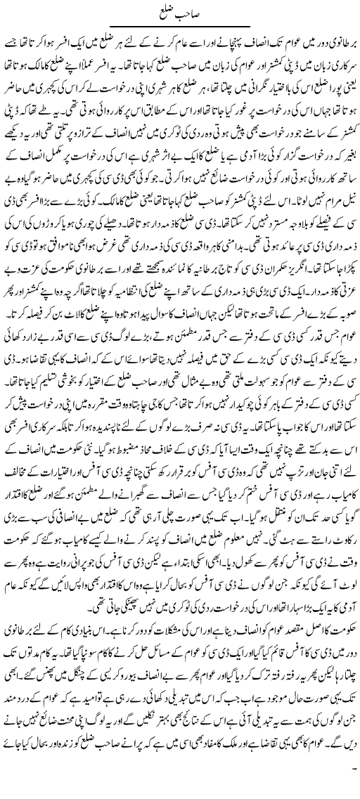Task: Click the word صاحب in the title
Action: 190,12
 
